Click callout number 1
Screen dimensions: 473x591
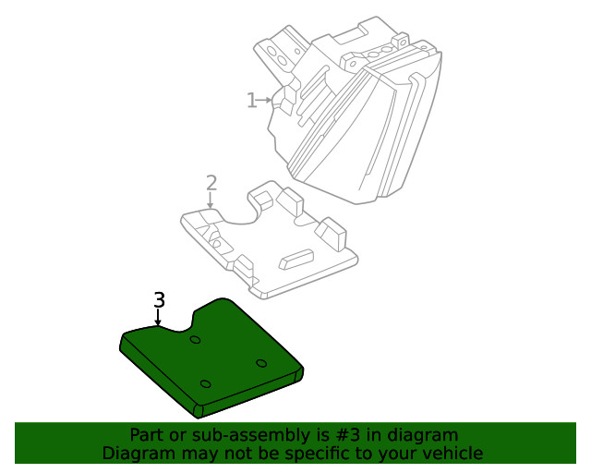[x=250, y=100]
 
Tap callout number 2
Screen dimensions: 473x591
[x=211, y=182]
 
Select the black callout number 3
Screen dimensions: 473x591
[x=159, y=300]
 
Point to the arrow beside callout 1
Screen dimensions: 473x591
[x=267, y=100]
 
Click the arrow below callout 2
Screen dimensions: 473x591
[x=211, y=200]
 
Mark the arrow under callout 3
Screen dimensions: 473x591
[x=159, y=319]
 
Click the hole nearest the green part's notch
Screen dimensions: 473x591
[x=195, y=340]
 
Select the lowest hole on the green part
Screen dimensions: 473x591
[x=205, y=383]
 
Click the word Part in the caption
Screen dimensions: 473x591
[x=147, y=435]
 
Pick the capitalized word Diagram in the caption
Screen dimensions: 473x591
[x=137, y=454]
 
